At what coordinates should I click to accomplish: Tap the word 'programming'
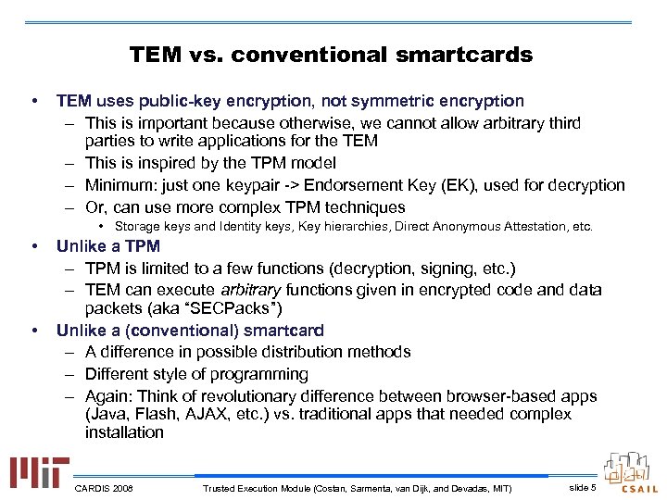(x=257, y=374)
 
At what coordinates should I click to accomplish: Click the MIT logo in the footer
(x=36, y=473)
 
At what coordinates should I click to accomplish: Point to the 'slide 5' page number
(x=582, y=487)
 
